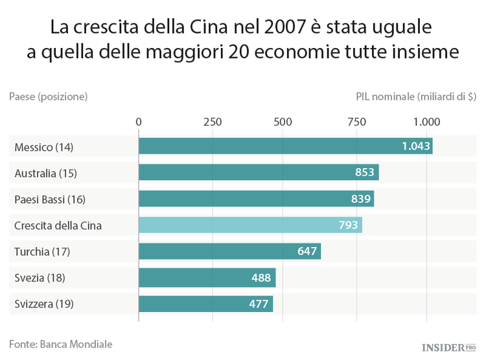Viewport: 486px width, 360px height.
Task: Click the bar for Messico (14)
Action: (x=285, y=147)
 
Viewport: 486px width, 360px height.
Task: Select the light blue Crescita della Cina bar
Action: (x=250, y=225)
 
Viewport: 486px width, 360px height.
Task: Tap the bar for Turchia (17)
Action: (x=229, y=251)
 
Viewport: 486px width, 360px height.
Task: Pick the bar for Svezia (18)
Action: (x=207, y=278)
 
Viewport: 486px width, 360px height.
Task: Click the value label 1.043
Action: (x=415, y=147)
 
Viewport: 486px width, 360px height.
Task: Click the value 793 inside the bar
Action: (x=348, y=225)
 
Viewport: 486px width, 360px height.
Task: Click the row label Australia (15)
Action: (x=45, y=173)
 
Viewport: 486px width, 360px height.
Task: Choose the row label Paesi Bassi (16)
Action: (x=49, y=199)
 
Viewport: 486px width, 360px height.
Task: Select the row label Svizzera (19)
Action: (x=43, y=304)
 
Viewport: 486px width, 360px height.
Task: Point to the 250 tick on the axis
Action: (x=212, y=121)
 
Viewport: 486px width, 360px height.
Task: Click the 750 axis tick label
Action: (x=356, y=121)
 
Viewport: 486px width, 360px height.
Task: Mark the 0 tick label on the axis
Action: (x=139, y=121)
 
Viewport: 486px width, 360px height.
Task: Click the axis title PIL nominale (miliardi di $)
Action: (x=415, y=96)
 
